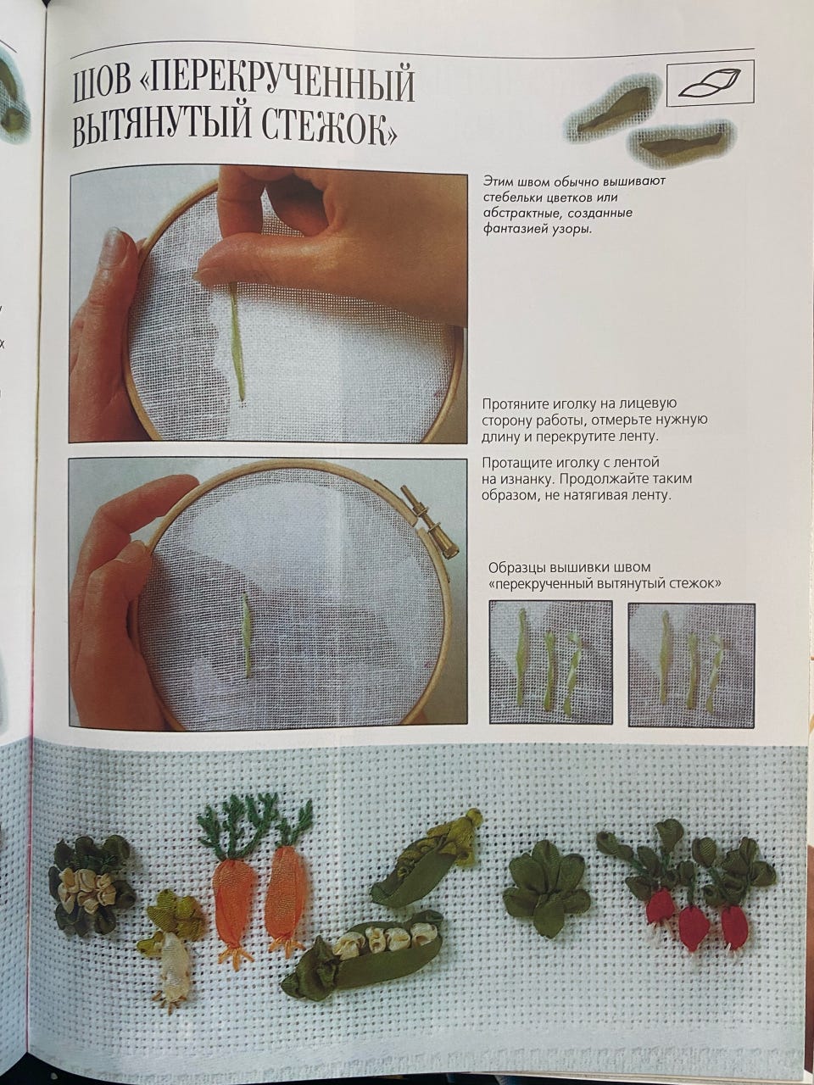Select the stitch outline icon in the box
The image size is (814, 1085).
pyautogui.click(x=711, y=82)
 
